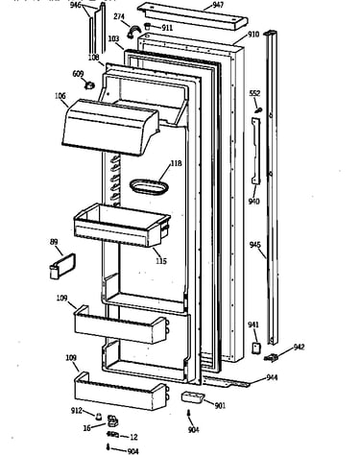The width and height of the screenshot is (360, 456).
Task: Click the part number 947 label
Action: (218, 5)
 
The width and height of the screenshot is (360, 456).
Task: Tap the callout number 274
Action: (119, 16)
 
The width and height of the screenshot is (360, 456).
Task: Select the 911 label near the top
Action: (167, 28)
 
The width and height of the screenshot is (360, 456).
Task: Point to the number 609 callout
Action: (78, 74)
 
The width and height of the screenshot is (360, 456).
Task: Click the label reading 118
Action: (176, 163)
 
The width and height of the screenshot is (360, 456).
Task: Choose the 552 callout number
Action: (254, 93)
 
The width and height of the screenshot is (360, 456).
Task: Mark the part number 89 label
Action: (54, 242)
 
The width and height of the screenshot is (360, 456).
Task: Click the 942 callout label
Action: (299, 348)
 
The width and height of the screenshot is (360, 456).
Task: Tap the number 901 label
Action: (220, 405)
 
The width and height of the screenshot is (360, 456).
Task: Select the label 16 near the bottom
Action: (86, 428)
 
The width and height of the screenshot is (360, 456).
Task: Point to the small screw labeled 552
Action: (258, 110)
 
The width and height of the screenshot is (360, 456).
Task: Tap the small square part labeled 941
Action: (255, 348)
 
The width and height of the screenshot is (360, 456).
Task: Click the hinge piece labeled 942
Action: (271, 358)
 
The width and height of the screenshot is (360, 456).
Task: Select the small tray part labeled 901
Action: (192, 397)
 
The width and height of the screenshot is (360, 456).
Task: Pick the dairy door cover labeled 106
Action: (110, 127)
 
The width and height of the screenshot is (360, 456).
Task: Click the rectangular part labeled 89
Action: (62, 266)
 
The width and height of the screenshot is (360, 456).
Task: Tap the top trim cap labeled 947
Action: (193, 16)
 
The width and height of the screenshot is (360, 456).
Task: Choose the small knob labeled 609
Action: (89, 85)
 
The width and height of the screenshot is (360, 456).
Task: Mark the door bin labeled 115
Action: (122, 226)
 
